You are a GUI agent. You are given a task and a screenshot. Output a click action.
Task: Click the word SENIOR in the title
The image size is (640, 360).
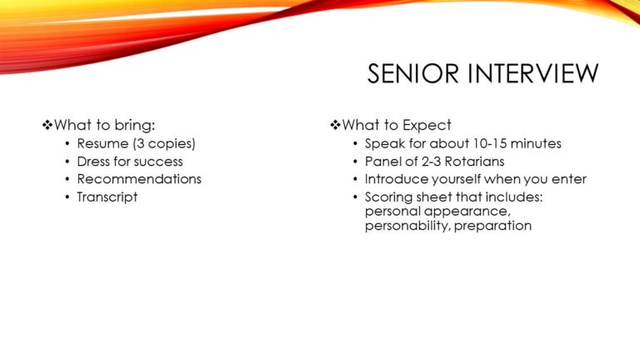412,73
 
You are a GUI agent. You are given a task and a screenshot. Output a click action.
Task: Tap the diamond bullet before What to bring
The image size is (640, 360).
47,125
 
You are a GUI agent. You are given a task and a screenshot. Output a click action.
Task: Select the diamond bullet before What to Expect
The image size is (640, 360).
335,125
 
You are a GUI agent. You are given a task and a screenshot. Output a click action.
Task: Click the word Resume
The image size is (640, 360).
102,143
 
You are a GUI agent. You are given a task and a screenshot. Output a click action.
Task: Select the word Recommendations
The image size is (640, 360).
139,179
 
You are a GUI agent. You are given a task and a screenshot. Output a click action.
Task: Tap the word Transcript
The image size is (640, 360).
107,197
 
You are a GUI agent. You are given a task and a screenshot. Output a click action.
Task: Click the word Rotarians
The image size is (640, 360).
474,162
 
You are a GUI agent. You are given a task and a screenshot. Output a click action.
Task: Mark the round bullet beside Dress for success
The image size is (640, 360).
67,162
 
